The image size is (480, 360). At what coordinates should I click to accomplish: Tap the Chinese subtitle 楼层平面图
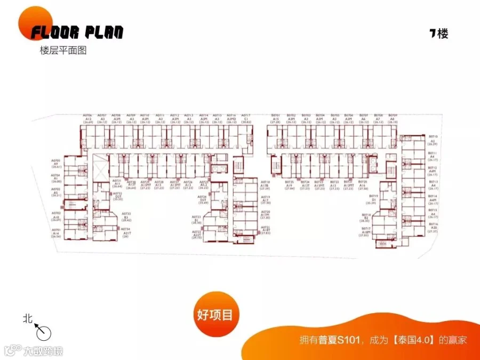pyautogui.click(x=63, y=51)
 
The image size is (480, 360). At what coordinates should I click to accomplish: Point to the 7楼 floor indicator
pyautogui.click(x=439, y=34)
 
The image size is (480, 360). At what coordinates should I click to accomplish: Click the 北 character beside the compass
pyautogui.click(x=28, y=318)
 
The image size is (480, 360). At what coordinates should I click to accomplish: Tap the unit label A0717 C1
pyautogui.click(x=245, y=118)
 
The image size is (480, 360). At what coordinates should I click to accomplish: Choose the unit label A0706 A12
pyautogui.click(x=88, y=118)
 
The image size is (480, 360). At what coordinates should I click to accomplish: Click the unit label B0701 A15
pyautogui.click(x=276, y=118)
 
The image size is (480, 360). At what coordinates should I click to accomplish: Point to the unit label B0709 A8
pyautogui.click(x=393, y=118)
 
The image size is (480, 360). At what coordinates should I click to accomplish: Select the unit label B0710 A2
pyautogui.click(x=433, y=140)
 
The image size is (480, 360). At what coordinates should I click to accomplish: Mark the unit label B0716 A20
pyautogui.click(x=433, y=228)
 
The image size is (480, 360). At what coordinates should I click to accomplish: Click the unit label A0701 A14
pyautogui.click(x=56, y=233)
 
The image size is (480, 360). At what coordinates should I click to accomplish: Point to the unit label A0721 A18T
pyautogui.click(x=266, y=230)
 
